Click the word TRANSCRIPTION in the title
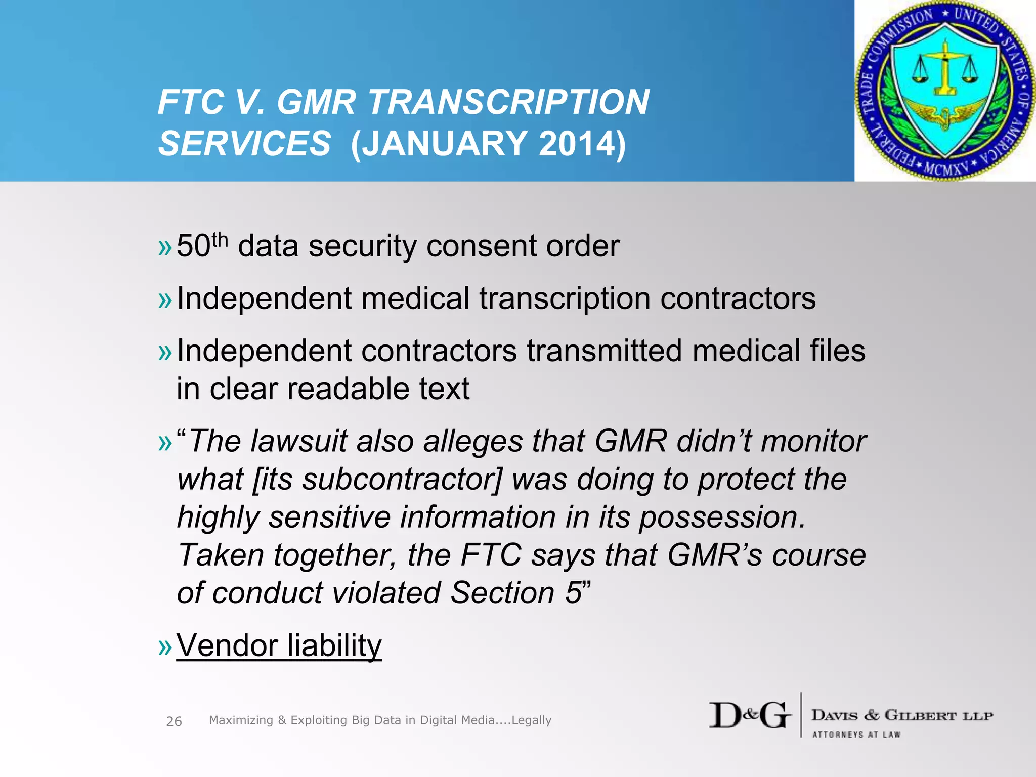(x=508, y=103)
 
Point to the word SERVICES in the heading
(x=245, y=144)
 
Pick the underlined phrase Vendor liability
(x=279, y=646)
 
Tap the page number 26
(x=174, y=721)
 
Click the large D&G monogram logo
(x=750, y=715)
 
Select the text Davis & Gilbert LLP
(x=902, y=715)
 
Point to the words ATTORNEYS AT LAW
(x=856, y=735)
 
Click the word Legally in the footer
(x=531, y=720)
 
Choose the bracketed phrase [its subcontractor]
(x=377, y=480)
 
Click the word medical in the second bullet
(x=415, y=298)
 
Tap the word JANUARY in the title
(x=445, y=144)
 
